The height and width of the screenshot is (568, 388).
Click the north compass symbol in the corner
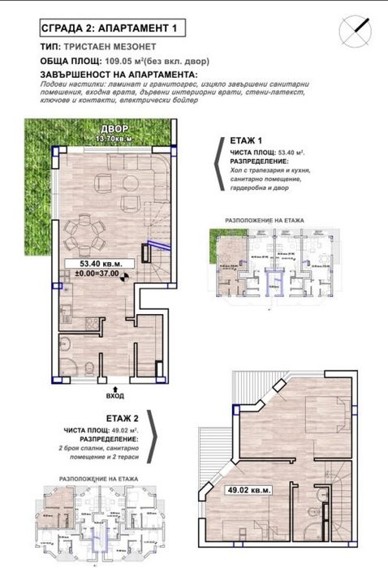[x=357, y=30]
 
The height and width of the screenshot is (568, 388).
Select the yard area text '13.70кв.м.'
[x=114, y=140]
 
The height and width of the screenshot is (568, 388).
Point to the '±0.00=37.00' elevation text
[x=97, y=273]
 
